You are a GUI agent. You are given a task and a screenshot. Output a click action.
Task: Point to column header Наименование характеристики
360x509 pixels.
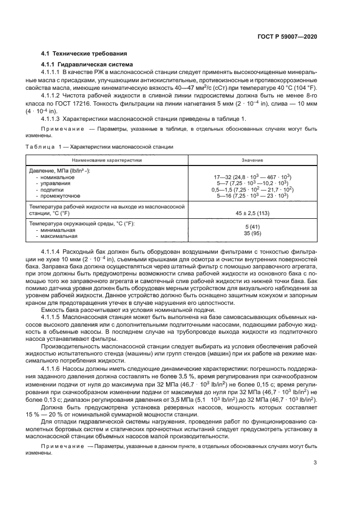pos(107,160)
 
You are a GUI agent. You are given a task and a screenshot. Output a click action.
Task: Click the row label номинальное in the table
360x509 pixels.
pos(57,177)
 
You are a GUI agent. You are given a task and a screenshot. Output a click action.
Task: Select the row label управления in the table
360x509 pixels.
pos(54,183)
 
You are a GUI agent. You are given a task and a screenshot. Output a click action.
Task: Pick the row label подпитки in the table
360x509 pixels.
pos(52,189)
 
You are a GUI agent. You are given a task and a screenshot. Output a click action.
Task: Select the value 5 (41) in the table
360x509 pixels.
pos(253,226)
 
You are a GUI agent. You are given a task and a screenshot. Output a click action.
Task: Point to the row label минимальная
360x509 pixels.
pos(57,230)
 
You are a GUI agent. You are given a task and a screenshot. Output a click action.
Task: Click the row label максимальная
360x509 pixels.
pos(58,236)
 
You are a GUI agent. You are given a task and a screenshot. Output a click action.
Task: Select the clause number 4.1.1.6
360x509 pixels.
pos(52,367)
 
